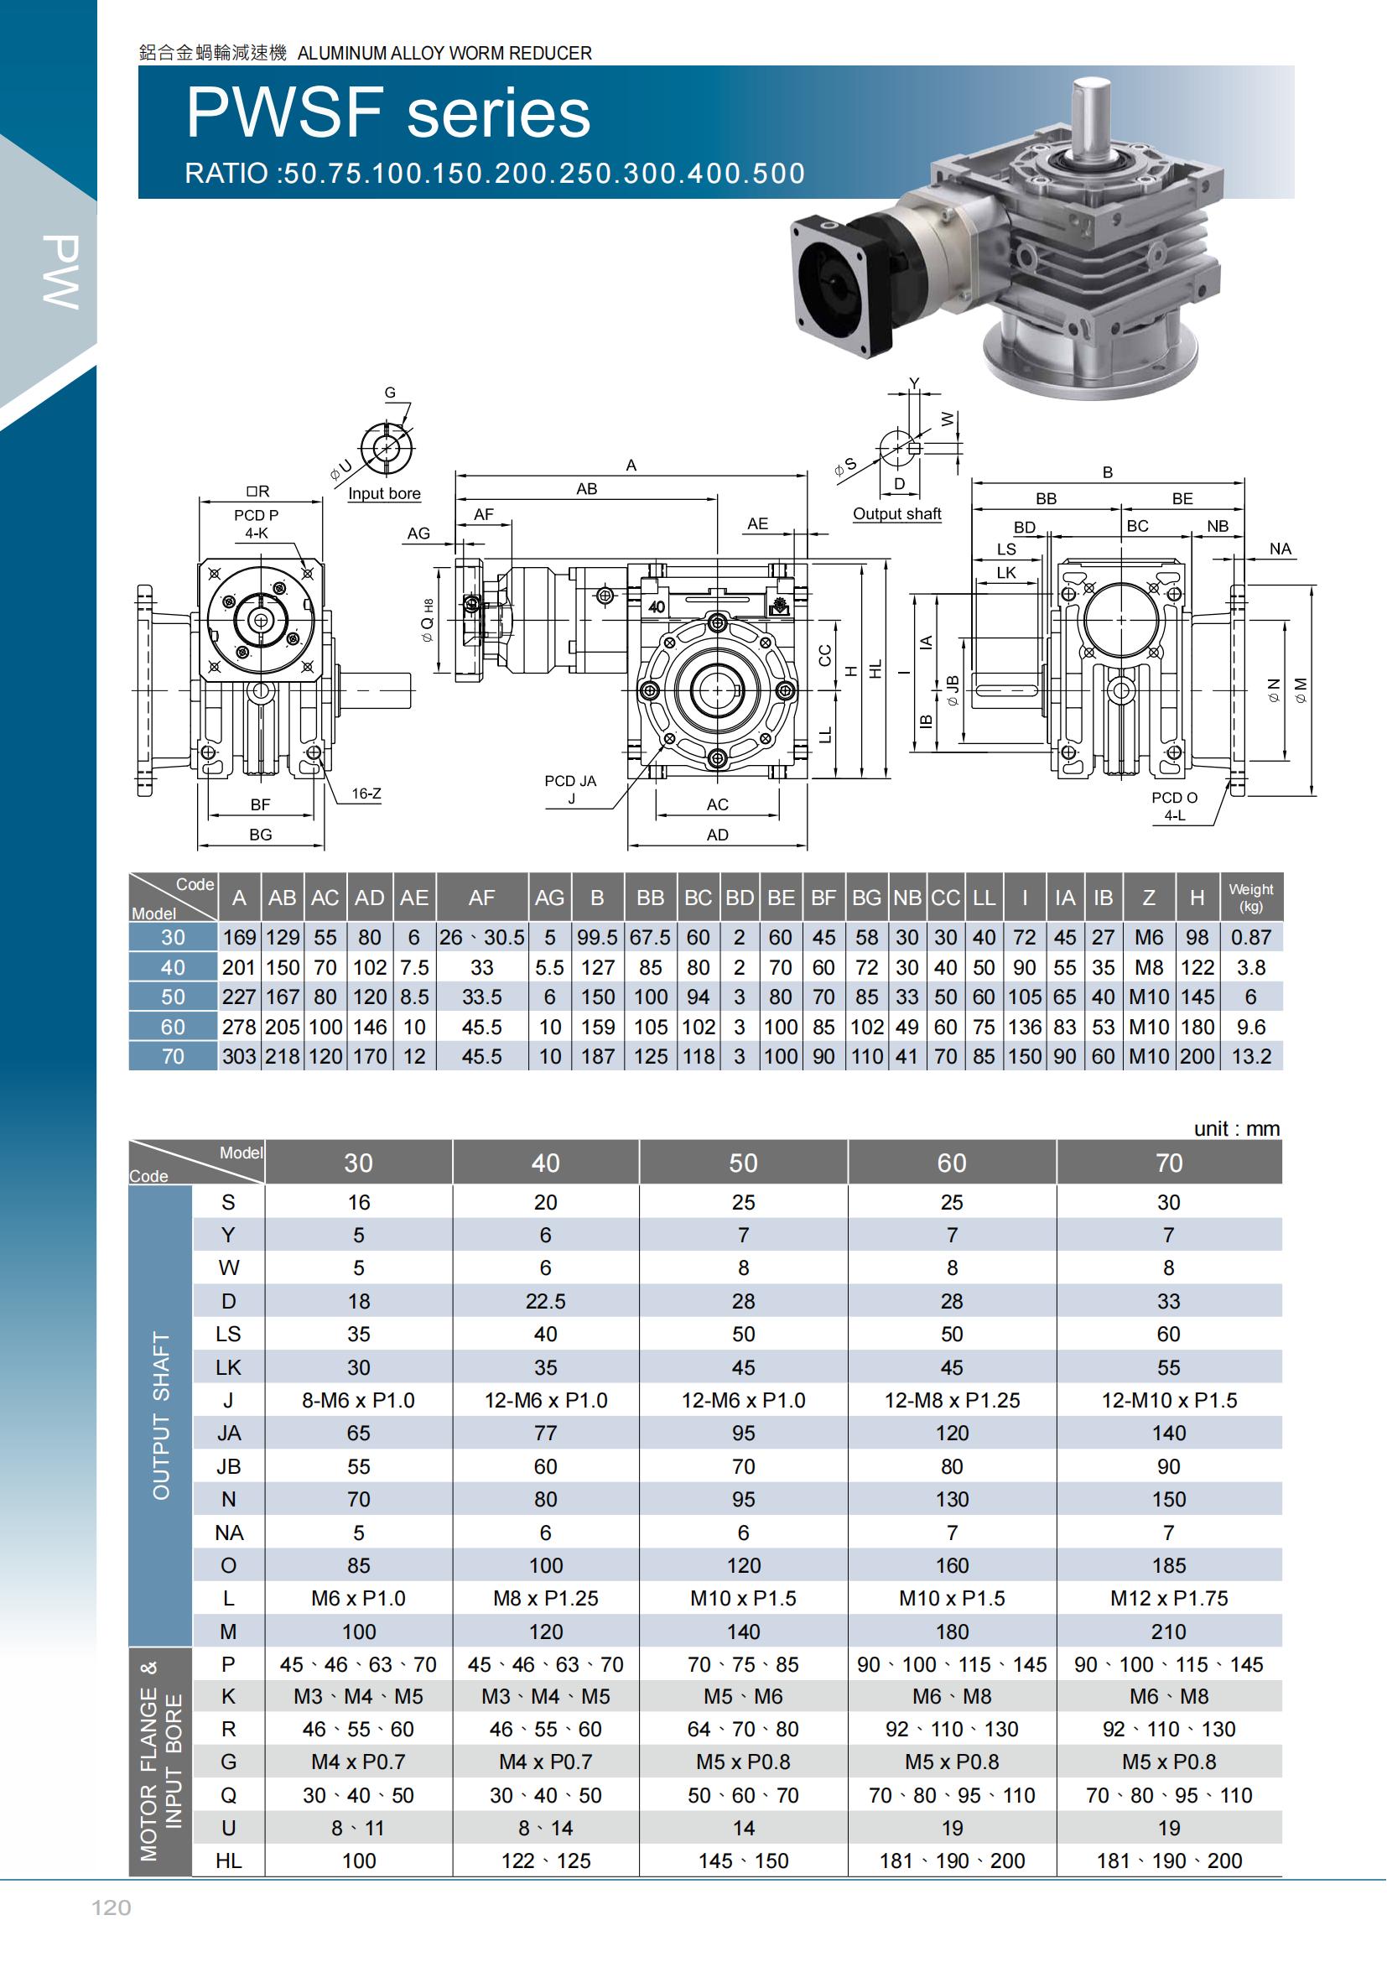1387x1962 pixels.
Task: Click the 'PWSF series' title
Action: tap(388, 113)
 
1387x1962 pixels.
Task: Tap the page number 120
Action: tap(111, 1907)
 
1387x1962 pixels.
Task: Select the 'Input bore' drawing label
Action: tap(384, 493)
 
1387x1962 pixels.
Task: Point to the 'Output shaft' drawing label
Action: tap(896, 513)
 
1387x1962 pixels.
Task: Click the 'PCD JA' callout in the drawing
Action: tap(570, 781)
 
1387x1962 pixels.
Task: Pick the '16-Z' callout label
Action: tap(366, 794)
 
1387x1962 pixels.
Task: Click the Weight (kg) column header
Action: tap(1251, 898)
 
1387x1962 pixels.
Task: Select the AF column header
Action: tap(481, 898)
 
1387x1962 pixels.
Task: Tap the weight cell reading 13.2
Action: tap(1251, 1056)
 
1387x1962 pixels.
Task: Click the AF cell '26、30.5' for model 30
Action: tap(481, 938)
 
